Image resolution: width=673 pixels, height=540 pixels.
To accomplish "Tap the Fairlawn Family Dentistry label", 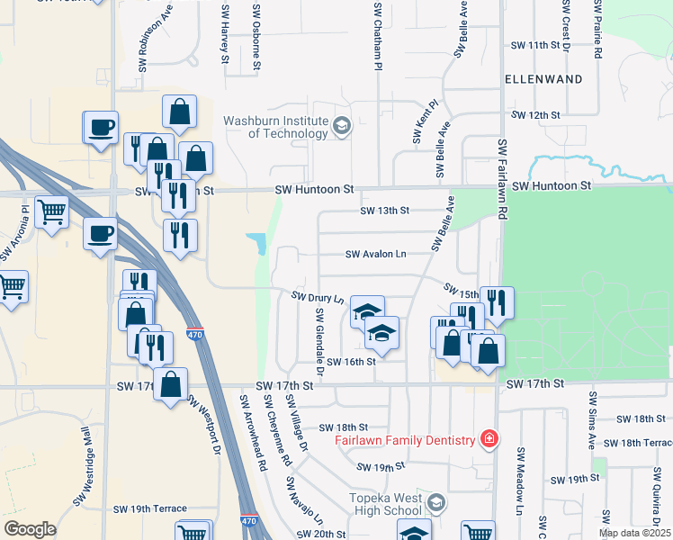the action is click(x=404, y=440).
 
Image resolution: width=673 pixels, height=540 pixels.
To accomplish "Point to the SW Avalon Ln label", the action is click(x=376, y=255).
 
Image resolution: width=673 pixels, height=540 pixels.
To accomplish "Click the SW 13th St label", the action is click(x=384, y=211).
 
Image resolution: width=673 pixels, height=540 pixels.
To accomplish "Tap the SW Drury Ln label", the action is click(x=318, y=297).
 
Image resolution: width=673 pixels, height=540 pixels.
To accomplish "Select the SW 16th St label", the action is click(x=350, y=362).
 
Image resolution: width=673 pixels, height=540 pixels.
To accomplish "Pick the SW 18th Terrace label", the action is click(x=639, y=444).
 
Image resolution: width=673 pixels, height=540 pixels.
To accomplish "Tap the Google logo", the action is click(x=30, y=529).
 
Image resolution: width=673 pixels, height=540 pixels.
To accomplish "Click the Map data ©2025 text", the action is click(x=634, y=533).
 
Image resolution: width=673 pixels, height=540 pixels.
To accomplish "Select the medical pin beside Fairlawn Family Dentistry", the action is click(x=489, y=439).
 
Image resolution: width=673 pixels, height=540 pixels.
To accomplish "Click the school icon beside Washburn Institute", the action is click(x=341, y=127).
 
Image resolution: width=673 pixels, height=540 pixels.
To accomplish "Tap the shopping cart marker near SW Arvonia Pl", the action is click(x=51, y=212).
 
